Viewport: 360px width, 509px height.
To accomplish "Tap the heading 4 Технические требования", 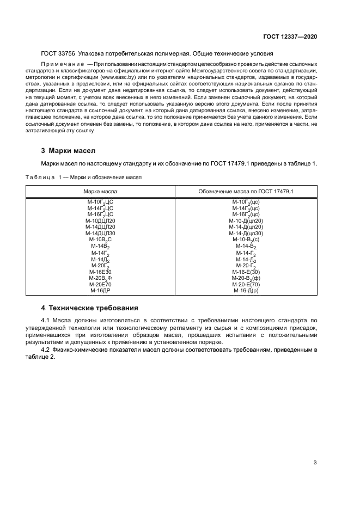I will pos(90,308).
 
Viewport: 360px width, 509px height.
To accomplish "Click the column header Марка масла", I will pos(100,192).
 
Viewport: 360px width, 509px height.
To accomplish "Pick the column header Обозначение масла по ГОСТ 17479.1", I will pos(246,192).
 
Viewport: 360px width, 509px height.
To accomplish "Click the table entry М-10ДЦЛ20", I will pos(100,220).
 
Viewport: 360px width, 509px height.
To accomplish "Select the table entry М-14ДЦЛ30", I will pos(100,233).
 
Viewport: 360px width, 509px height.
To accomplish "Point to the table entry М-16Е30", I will pos(100,272).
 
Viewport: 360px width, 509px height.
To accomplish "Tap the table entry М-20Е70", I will pos(100,284).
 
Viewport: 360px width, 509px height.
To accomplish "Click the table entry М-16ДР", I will pos(100,291).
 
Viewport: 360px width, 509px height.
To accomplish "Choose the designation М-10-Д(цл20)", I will pos(246,220).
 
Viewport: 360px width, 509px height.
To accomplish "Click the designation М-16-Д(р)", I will pos(246,291).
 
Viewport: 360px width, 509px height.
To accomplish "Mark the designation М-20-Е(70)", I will pos(246,284).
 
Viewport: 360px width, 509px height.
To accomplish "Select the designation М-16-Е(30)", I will pos(246,272).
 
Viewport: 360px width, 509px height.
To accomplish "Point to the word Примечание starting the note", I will pos(60,64).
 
